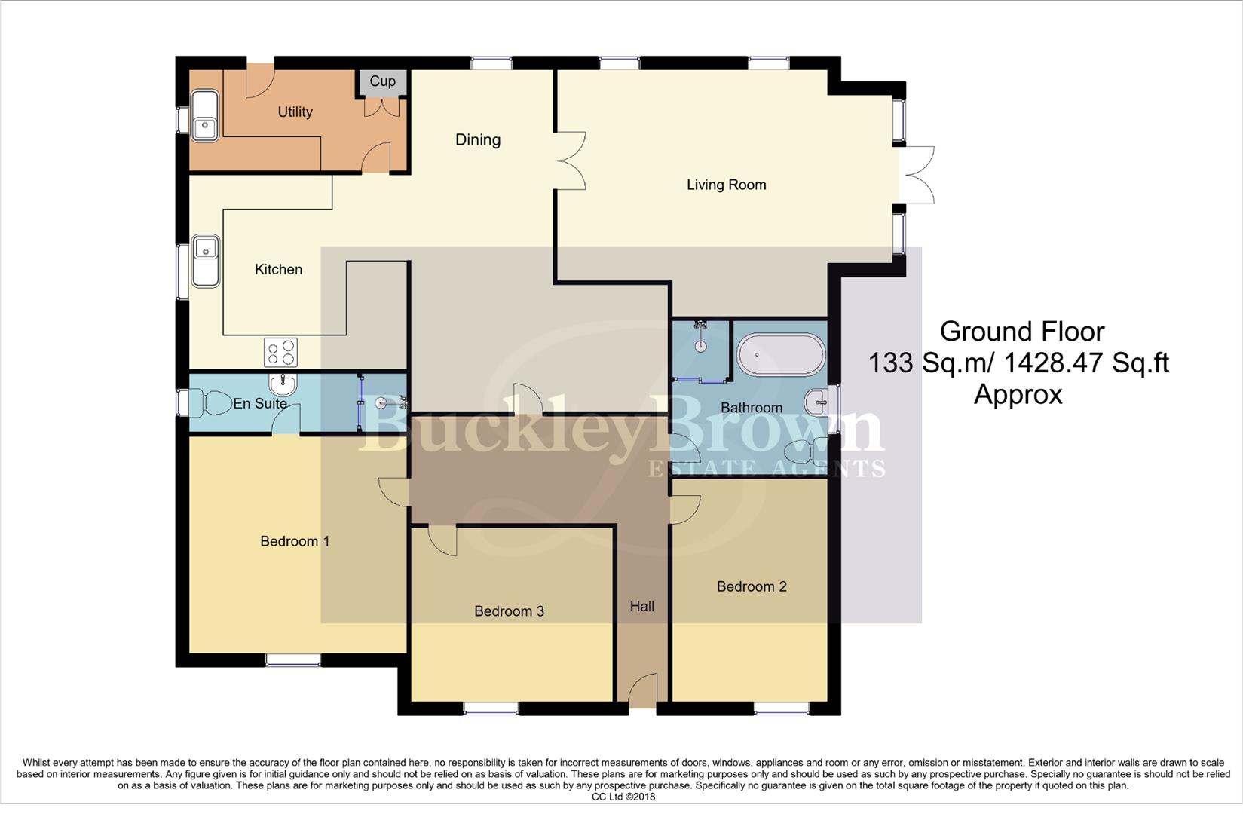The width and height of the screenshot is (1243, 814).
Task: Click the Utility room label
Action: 295,112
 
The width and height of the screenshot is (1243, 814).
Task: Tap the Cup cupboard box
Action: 382,81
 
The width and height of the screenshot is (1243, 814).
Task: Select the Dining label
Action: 477,139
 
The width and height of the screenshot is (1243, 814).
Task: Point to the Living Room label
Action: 726,185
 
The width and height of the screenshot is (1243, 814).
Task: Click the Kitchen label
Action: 278,269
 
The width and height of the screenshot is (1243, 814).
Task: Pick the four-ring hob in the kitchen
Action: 280,352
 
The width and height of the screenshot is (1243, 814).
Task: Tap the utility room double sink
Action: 204,115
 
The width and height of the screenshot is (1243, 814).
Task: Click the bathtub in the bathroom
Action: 781,355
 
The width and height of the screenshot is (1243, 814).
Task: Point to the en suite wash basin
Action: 283,384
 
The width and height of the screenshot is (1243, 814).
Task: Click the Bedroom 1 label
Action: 295,541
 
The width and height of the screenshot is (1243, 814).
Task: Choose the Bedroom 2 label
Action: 752,586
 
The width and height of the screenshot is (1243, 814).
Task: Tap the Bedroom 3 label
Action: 509,611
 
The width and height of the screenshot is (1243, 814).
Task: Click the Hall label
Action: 642,606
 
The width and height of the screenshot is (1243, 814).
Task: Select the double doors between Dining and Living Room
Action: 571,161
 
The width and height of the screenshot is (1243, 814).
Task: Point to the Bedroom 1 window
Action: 292,660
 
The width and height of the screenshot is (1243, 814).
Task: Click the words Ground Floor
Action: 1021,332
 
